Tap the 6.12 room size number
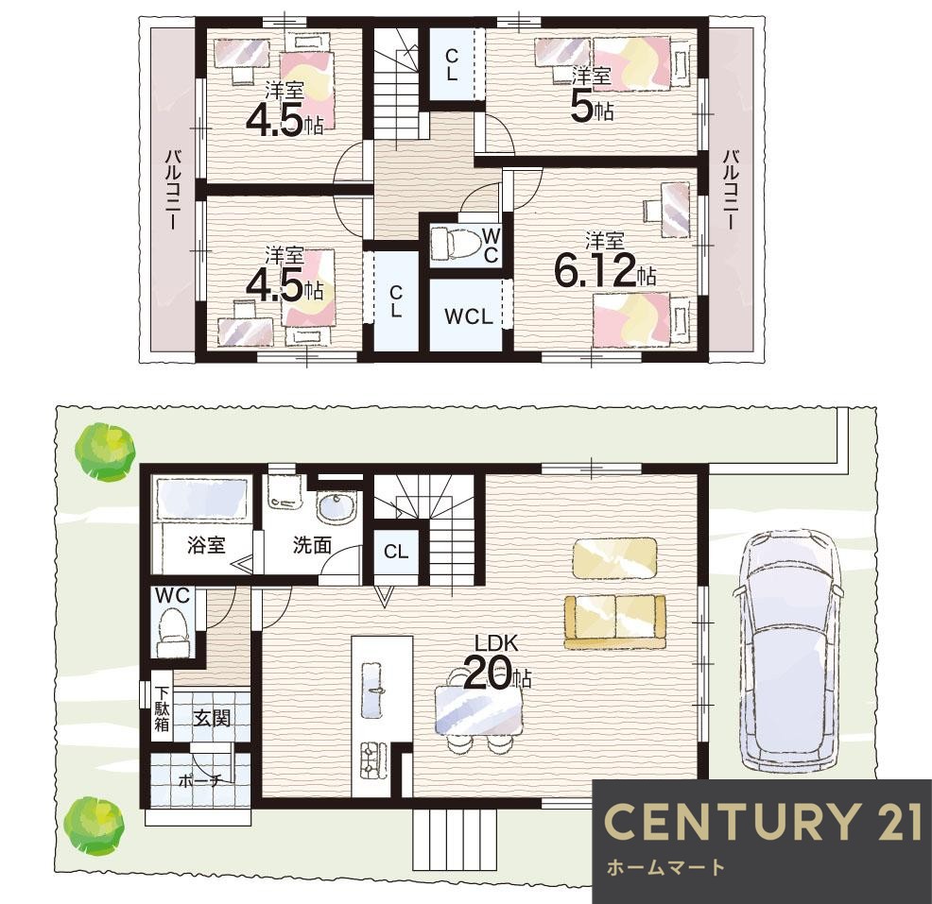tap(595, 270)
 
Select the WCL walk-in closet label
tap(469, 317)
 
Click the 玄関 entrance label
tap(211, 719)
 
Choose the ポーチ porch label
tap(199, 781)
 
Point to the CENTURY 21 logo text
tap(763, 822)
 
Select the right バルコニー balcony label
tap(731, 190)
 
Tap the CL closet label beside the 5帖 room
tap(452, 65)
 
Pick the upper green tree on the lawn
tap(105, 451)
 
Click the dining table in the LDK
tap(478, 710)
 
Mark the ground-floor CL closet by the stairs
tap(396, 552)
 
